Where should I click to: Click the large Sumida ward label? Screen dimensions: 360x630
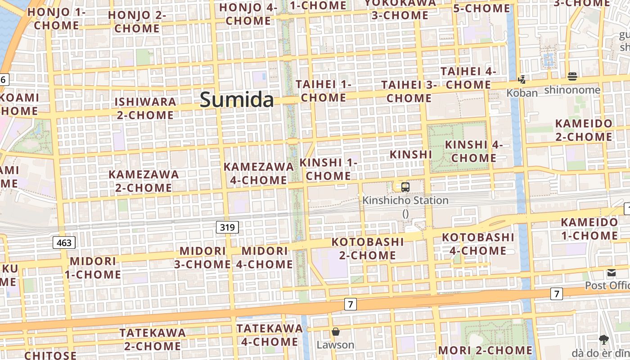[237, 99]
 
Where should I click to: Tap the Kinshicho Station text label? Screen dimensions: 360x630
[405, 200]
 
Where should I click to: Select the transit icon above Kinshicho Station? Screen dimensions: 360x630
[405, 187]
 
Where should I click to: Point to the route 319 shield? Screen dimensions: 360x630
[227, 227]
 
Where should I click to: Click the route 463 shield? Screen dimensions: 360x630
[64, 243]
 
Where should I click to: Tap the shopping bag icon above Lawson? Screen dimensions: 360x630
[335, 332]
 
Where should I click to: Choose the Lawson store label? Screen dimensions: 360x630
[335, 345]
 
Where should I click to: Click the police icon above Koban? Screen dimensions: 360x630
[522, 80]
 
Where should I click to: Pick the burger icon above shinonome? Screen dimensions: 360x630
[572, 76]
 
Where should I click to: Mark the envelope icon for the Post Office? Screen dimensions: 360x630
[611, 273]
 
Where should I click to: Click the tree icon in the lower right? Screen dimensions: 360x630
[603, 340]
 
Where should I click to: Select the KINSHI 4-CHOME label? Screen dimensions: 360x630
[474, 151]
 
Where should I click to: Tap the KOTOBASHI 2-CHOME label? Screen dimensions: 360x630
[368, 248]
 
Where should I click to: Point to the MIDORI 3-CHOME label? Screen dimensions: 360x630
[202, 257]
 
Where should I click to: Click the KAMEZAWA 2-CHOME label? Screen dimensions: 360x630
[144, 181]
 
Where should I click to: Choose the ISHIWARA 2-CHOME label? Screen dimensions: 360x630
[145, 108]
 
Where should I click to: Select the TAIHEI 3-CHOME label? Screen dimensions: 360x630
[409, 91]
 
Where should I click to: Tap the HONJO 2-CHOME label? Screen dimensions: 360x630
[137, 22]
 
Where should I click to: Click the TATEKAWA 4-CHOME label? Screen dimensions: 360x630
[270, 335]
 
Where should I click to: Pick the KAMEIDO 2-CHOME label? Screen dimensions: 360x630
[584, 130]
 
